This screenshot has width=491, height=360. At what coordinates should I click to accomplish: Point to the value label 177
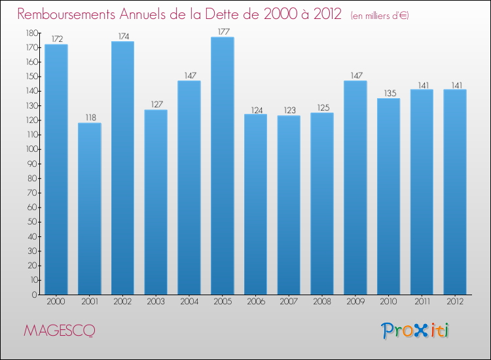point(223,31)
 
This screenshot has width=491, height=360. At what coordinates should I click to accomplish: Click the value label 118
point(90,117)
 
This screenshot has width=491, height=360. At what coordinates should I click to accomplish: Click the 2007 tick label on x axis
point(289,302)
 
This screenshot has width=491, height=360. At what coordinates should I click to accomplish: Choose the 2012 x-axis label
point(455,302)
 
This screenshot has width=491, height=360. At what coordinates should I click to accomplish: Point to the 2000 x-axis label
point(56,302)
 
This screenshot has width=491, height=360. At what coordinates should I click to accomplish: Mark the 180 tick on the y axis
point(31,33)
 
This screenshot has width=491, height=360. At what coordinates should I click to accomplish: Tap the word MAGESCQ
point(59,331)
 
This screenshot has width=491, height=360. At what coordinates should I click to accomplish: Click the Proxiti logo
point(415,331)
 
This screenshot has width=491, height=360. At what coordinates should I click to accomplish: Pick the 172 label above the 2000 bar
point(56,39)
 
